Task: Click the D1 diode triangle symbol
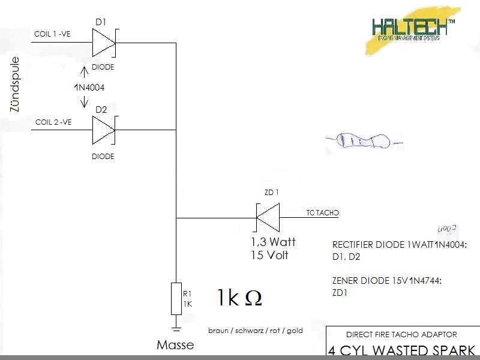tap(103, 43)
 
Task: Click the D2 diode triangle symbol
tap(103, 130)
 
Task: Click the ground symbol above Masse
tap(176, 328)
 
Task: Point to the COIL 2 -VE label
tap(53, 122)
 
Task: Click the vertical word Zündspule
tap(16, 85)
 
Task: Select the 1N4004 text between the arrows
tap(89, 88)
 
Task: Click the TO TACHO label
tap(323, 213)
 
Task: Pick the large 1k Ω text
tap(239, 298)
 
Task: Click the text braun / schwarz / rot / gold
tap(256, 331)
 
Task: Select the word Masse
tap(175, 345)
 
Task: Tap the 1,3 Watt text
tap(273, 243)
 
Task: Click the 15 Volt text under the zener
tap(269, 255)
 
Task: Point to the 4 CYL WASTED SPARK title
tap(401, 350)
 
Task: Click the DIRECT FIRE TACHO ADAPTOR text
tap(401, 334)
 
